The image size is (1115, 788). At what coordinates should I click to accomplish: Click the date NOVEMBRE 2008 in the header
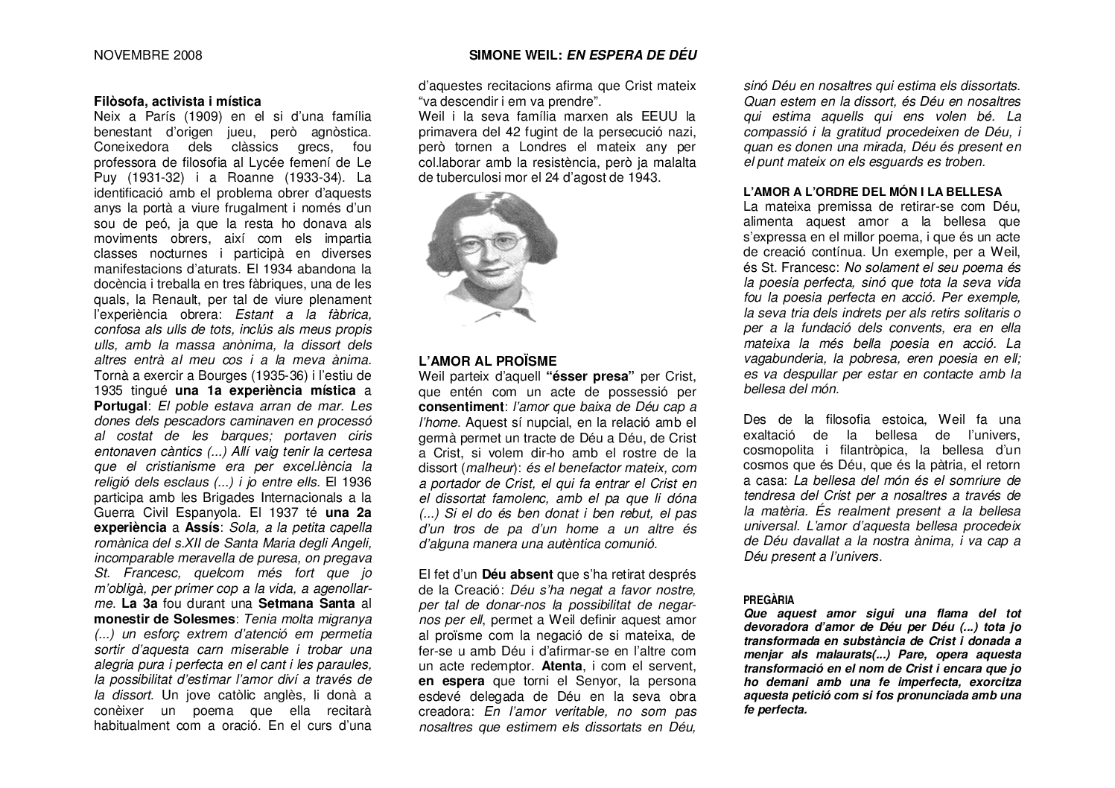[147, 55]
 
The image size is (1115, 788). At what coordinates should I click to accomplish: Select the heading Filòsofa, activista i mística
[177, 101]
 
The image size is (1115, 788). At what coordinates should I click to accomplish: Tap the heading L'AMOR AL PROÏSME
[487, 361]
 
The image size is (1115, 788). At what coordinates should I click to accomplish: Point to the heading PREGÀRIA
[769, 600]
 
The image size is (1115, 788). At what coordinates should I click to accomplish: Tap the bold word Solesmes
[198, 618]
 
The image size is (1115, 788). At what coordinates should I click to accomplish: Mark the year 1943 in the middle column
[642, 177]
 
